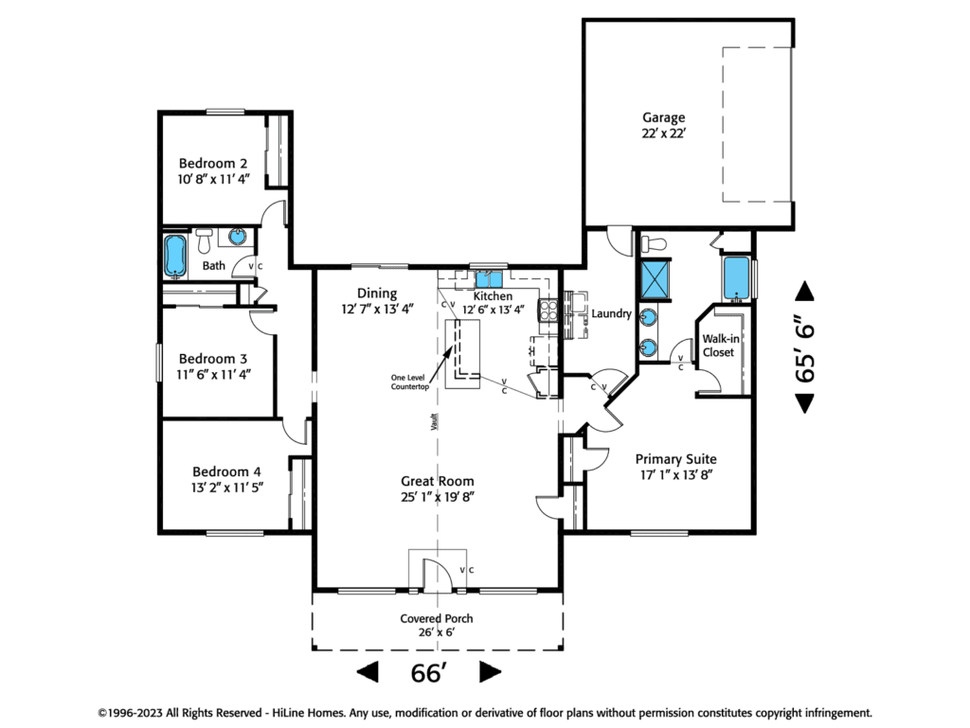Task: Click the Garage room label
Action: pos(664,117)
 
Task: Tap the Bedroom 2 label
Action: pos(213,164)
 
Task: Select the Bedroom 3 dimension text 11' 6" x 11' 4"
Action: pos(213,374)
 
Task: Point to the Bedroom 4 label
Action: pos(226,471)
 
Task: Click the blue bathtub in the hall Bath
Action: pos(175,256)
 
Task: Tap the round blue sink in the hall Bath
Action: pos(235,237)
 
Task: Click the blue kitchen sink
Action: pos(489,277)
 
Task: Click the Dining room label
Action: pos(377,293)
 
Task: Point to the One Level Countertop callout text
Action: pos(410,383)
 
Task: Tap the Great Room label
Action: pos(437,481)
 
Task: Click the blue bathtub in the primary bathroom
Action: pos(736,276)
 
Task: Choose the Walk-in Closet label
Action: pos(720,346)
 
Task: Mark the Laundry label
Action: pos(611,313)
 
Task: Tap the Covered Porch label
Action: pos(436,618)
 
